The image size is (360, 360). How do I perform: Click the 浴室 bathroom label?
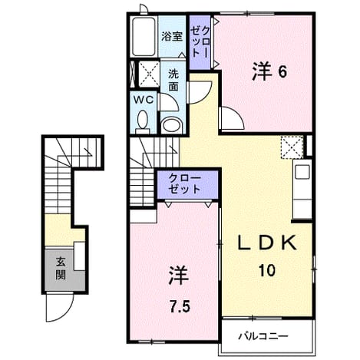coord(172,37)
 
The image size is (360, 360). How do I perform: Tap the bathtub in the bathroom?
coord(144,36)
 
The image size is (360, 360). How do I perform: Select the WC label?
coord(144,100)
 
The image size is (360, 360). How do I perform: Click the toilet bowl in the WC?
coord(142,121)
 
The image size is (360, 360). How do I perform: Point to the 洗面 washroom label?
coord(173,81)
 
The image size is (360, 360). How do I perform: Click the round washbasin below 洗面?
coord(172,125)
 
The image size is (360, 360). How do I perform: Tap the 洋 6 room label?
coord(269,71)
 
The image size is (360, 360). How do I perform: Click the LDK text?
coord(267,243)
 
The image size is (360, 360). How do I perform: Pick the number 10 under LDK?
coord(267,270)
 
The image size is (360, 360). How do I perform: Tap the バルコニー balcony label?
coord(263,336)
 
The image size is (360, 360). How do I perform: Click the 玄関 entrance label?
coord(61,269)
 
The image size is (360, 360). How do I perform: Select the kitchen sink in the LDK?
coord(302,172)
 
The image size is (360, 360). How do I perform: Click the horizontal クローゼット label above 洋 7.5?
coord(185,184)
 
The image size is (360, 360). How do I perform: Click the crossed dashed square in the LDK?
coord(292,147)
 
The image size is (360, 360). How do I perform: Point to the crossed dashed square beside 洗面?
coord(149,74)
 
